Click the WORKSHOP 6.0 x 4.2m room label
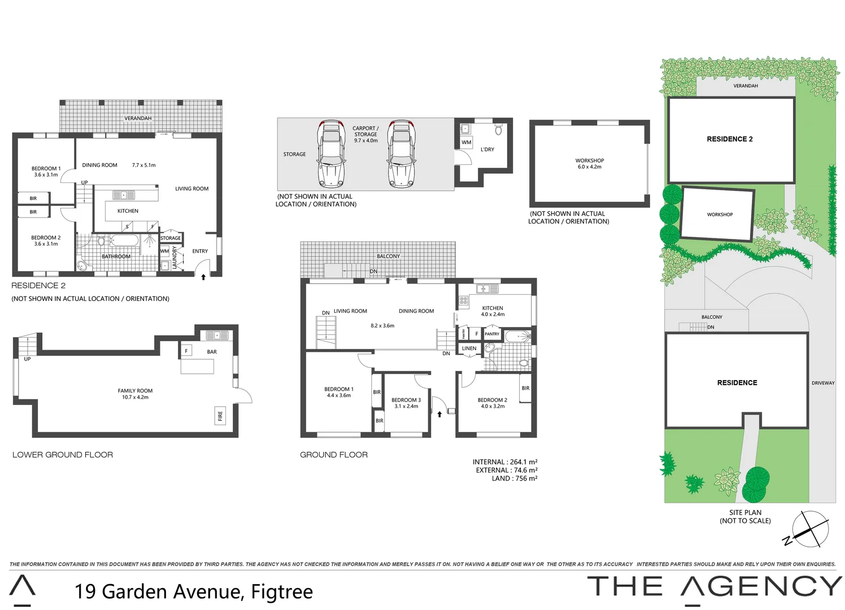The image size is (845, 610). tap(589, 164)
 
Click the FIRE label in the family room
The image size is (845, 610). tap(220, 416)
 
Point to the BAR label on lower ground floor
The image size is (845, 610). tap(212, 352)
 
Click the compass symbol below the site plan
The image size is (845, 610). tap(810, 529)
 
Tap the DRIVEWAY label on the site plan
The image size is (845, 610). tap(823, 383)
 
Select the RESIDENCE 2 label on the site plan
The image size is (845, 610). tap(729, 139)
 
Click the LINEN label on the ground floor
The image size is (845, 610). tap(469, 348)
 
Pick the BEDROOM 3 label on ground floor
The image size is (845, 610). tap(406, 403)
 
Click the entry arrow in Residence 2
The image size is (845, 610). tap(203, 277)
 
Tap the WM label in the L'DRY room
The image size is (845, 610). tap(466, 142)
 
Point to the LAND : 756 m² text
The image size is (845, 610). tap(514, 478)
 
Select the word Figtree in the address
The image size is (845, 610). tap(281, 591)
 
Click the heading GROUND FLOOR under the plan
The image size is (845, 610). tap(333, 455)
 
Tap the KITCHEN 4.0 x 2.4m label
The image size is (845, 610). tap(493, 311)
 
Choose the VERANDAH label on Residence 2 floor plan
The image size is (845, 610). tap(138, 118)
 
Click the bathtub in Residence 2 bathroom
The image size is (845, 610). tap(124, 241)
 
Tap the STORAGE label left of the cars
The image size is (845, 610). tap(294, 154)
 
